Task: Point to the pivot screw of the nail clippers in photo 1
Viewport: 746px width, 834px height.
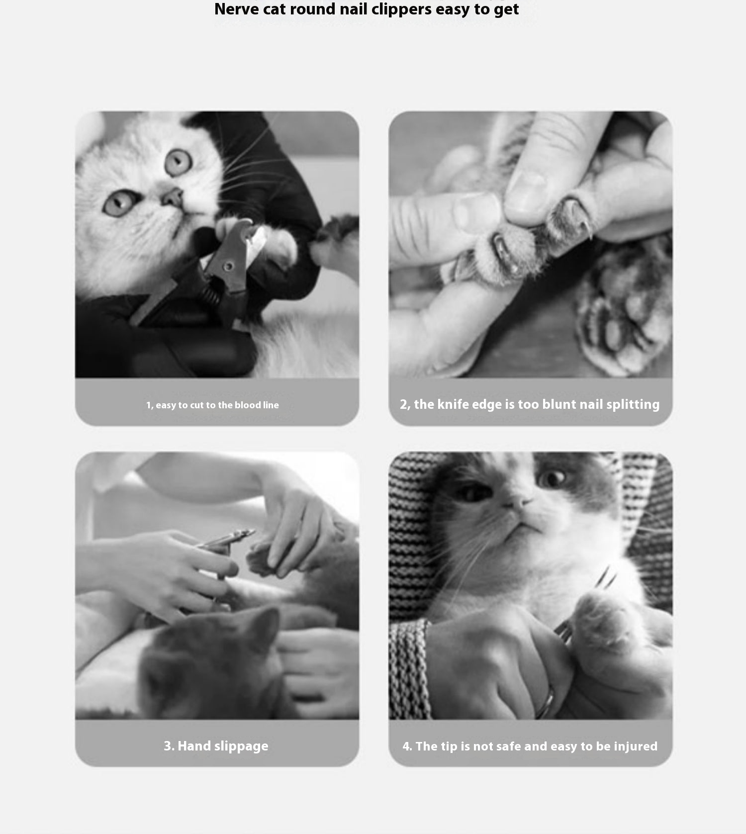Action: (228, 266)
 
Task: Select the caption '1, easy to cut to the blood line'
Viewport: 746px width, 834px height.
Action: (212, 405)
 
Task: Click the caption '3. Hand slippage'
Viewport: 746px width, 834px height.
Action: (216, 746)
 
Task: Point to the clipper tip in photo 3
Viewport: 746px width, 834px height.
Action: (251, 533)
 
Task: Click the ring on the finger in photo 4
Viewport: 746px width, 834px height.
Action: (546, 701)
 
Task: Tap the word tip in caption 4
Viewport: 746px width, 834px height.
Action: (448, 747)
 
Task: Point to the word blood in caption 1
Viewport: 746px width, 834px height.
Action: (248, 405)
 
